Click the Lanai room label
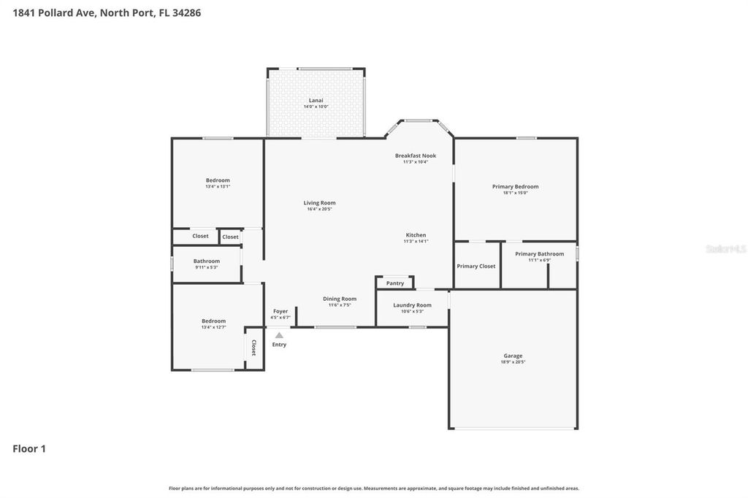(x=316, y=100)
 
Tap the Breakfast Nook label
(x=416, y=156)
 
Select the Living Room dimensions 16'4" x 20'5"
(x=320, y=210)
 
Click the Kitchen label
(x=416, y=235)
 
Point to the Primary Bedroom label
(x=515, y=186)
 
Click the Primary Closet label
(x=476, y=266)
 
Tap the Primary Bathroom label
(x=539, y=254)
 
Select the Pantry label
(x=395, y=283)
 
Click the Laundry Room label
(x=412, y=305)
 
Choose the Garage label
(x=513, y=356)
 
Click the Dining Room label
(x=340, y=299)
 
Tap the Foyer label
(x=280, y=311)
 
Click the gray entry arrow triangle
(x=279, y=335)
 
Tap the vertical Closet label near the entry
(x=253, y=348)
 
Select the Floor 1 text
(x=29, y=449)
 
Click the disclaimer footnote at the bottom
(x=373, y=489)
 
